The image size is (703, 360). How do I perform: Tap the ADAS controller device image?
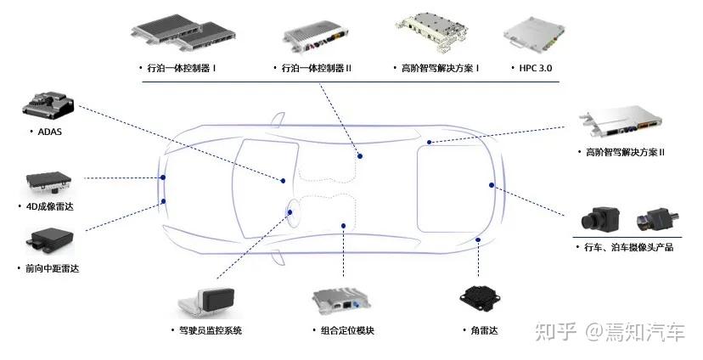(48, 104)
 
